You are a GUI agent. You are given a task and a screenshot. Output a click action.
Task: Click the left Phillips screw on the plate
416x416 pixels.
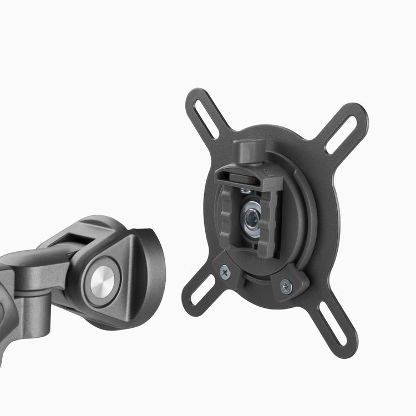tap(224, 271)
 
